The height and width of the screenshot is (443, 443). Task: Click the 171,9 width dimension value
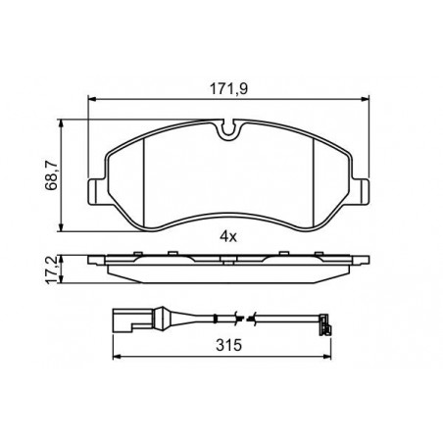tap(228, 89)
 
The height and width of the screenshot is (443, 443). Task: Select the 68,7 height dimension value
tap(52, 176)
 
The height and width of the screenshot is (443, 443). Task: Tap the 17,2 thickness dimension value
tap(52, 270)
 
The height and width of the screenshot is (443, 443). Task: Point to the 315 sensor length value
tap(228, 345)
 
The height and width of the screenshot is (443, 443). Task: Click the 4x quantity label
tap(228, 236)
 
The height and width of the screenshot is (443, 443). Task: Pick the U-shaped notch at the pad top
tap(229, 129)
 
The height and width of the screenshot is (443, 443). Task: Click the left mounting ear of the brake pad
tap(97, 192)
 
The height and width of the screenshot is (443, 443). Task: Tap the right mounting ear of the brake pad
tap(361, 192)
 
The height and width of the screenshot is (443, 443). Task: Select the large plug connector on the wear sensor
tap(133, 320)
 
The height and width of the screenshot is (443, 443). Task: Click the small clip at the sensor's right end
tap(325, 324)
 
